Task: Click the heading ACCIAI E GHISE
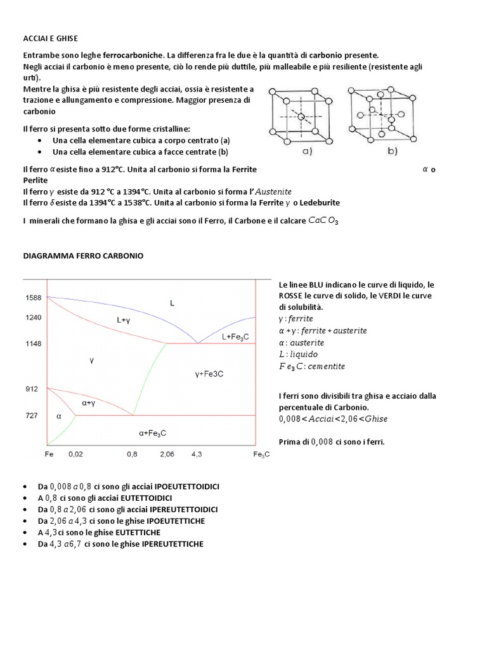point(50,39)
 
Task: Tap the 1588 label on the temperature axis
point(33,298)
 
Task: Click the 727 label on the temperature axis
point(32,416)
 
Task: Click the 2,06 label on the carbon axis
point(167,455)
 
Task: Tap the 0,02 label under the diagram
point(75,455)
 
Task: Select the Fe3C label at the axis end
point(261,455)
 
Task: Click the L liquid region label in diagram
point(171,303)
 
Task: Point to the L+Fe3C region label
point(233,336)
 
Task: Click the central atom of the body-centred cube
point(301,117)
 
